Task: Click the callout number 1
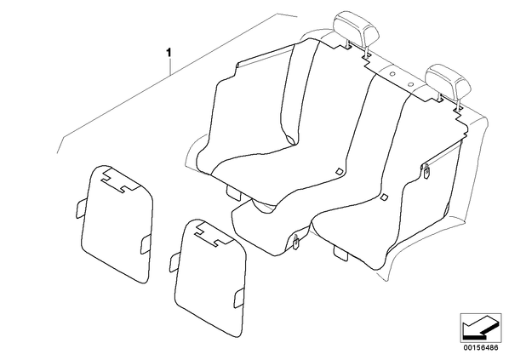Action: (169, 52)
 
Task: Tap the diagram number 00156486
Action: (480, 348)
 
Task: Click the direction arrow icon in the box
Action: (481, 328)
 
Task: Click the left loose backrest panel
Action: (116, 225)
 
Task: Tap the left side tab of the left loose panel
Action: (81, 208)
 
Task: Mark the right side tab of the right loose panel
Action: (240, 297)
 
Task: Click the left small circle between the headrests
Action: (392, 74)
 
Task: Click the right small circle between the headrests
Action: (410, 84)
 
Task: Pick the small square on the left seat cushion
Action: (339, 171)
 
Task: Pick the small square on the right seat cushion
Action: (385, 197)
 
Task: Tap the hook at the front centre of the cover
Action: (296, 243)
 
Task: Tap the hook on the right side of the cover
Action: (426, 171)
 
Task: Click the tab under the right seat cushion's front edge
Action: (340, 254)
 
